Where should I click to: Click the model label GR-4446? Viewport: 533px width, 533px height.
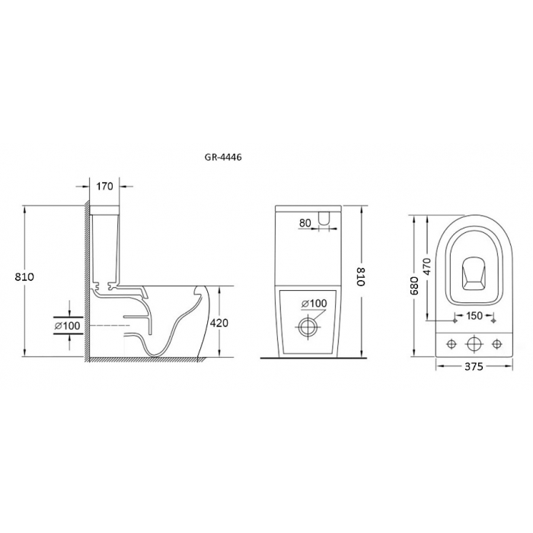coord(223,158)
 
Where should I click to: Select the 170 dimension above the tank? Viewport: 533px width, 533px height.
coord(104,187)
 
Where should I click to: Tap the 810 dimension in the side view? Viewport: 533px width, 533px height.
coord(24,277)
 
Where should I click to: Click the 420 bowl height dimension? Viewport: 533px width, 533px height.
coord(219,323)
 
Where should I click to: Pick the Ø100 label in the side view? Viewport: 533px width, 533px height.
coord(67,326)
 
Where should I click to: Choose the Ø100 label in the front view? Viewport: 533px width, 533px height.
coord(314,303)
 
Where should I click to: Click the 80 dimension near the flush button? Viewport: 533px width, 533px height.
coord(305,223)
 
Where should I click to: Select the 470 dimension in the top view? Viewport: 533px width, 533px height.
coord(427,266)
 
